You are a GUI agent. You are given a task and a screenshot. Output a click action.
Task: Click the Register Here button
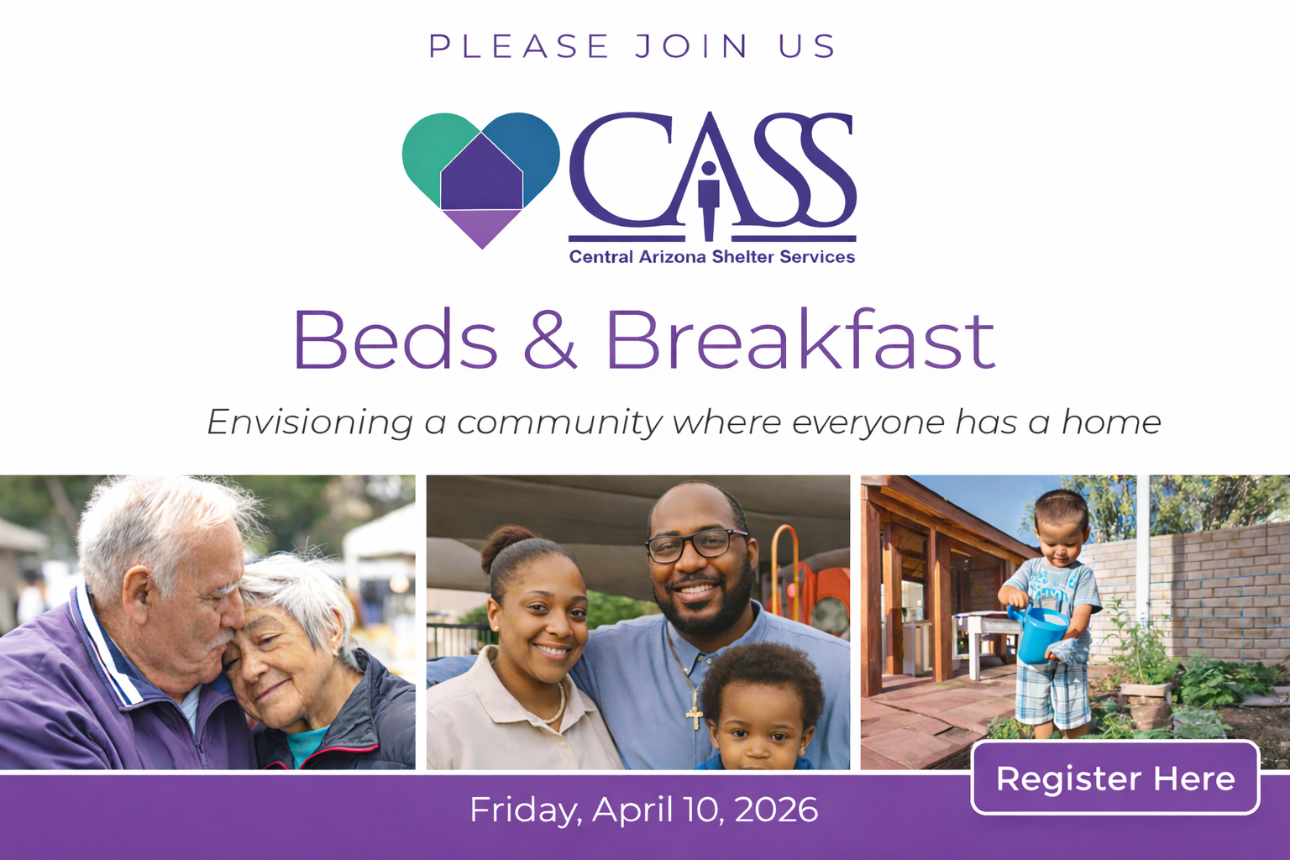[x=1115, y=778]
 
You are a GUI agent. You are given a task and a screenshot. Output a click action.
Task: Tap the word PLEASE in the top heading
[x=519, y=46]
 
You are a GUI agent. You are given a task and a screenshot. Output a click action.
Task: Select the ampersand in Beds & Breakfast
[x=549, y=340]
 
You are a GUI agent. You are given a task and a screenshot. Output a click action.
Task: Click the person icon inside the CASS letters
[x=708, y=200]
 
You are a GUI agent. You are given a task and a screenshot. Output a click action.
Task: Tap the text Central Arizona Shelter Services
[x=712, y=257]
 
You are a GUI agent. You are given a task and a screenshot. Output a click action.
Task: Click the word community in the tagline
[x=559, y=422]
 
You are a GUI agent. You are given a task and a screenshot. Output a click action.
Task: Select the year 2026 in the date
[x=776, y=810]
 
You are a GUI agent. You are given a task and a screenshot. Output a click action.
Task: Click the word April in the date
[x=632, y=810]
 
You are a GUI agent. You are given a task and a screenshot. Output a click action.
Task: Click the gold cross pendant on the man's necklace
[x=695, y=712]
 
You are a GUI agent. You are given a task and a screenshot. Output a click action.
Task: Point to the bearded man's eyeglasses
[x=696, y=545]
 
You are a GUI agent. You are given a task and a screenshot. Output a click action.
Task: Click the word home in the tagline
[x=1111, y=422]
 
